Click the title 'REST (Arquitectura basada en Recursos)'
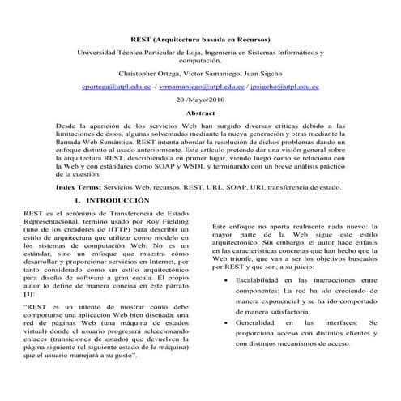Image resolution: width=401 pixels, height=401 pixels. [200, 40]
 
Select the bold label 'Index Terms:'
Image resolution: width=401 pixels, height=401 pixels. [77, 186]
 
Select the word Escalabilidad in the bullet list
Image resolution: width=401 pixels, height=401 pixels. [261, 280]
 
